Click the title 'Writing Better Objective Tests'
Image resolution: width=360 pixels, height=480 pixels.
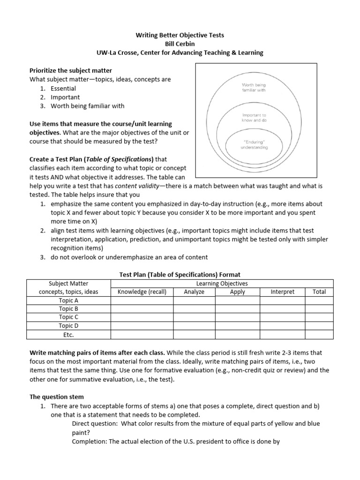pyautogui.click(x=180, y=35)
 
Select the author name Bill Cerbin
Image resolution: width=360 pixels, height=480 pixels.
pyautogui.click(x=180, y=44)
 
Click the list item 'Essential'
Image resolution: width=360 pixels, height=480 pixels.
pyautogui.click(x=63, y=88)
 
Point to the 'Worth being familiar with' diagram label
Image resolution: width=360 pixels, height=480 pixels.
pyautogui.click(x=254, y=87)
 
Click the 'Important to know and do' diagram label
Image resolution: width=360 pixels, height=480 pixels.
pyautogui.click(x=254, y=117)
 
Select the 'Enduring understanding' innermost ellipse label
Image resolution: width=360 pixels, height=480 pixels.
pyautogui.click(x=254, y=144)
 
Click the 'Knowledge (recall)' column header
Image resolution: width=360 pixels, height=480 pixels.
pyautogui.click(x=142, y=292)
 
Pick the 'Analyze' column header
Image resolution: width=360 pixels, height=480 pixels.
pyautogui.click(x=194, y=292)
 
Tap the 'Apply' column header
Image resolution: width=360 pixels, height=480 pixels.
pyautogui.click(x=238, y=292)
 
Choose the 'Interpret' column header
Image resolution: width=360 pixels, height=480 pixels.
pyautogui.click(x=283, y=292)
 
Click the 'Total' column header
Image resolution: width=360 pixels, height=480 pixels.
pyautogui.click(x=319, y=292)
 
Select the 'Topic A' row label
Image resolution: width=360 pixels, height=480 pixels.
pyautogui.click(x=68, y=300)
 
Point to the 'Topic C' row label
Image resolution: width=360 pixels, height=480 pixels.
pyautogui.click(x=68, y=317)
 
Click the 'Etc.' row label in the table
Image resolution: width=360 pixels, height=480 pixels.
pyautogui.click(x=68, y=335)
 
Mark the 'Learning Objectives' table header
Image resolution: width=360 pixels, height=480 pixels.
pyautogui.click(x=222, y=283)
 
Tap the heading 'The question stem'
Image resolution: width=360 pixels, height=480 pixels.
pyautogui.click(x=57, y=397)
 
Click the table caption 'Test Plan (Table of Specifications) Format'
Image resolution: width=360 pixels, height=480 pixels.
pyautogui.click(x=180, y=274)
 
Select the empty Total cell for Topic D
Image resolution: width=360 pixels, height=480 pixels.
pyautogui.click(x=319, y=326)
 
